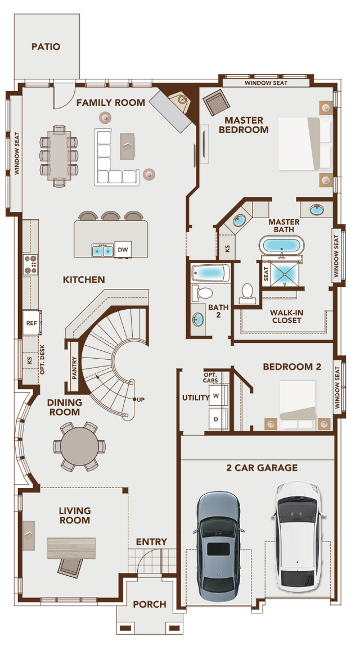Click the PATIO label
coord(46,47)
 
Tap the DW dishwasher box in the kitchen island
coord(122,250)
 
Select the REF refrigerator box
coord(31,323)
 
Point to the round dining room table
coord(79,446)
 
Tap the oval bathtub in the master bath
coord(281,246)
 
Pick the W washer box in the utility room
coord(216,396)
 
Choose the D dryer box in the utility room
coord(216,419)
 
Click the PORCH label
coord(150,604)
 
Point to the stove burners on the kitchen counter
coord(30,263)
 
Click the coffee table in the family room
coord(128,146)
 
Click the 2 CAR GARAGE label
coord(262,467)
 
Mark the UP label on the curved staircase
coord(140,399)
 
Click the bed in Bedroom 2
coord(298,400)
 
